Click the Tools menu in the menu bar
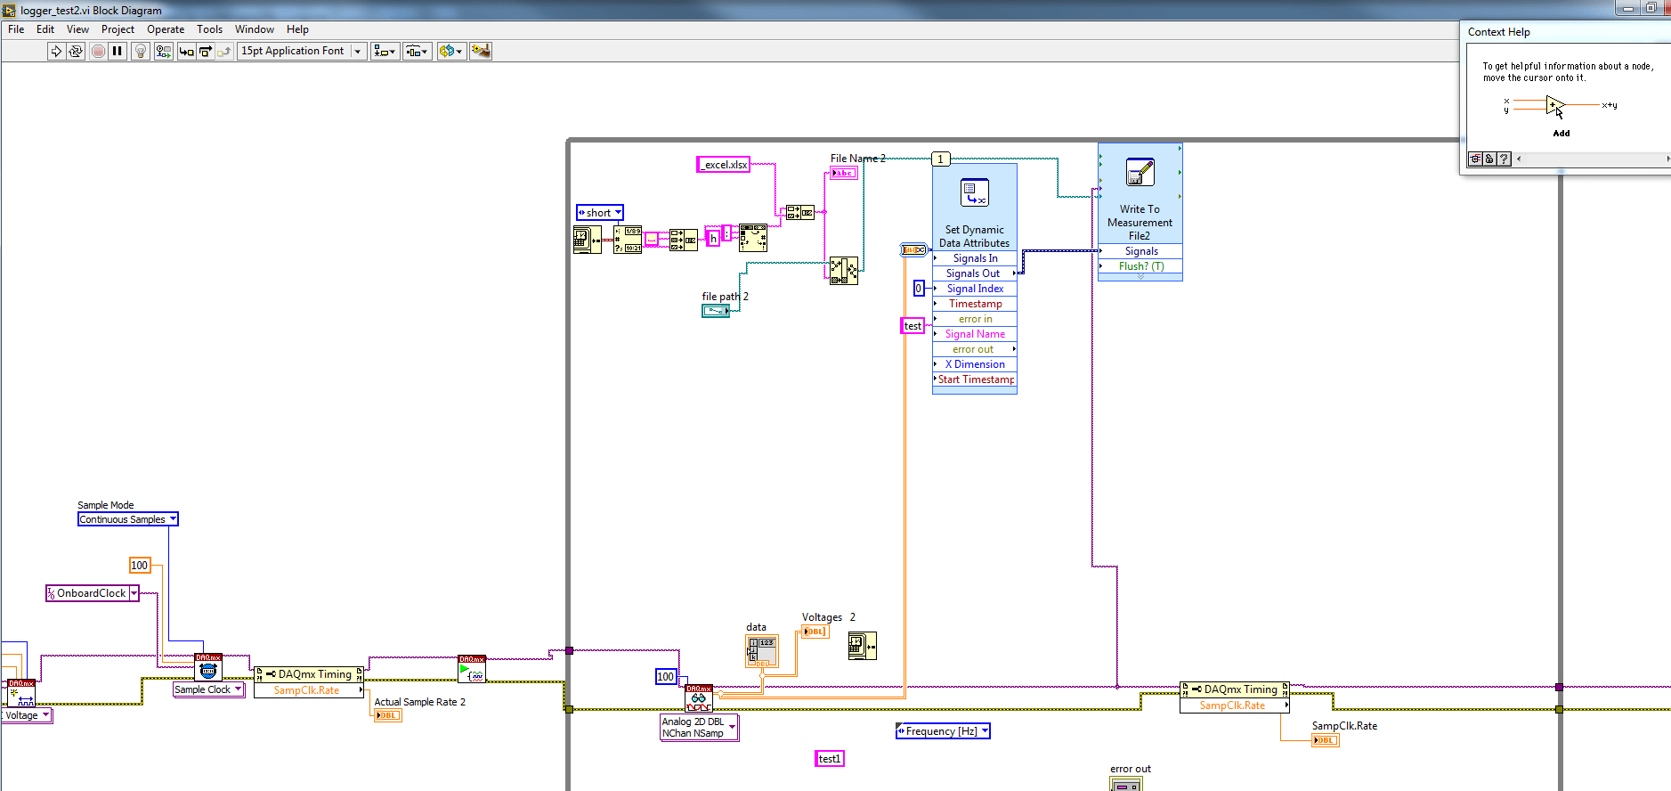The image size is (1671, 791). click(209, 29)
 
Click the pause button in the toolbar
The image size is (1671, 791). click(118, 51)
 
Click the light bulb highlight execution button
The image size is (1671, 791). click(140, 51)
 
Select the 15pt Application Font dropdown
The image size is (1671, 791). click(301, 51)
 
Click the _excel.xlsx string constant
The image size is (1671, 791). click(724, 165)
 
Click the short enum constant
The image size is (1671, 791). click(599, 213)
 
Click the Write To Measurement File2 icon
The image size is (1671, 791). click(1140, 173)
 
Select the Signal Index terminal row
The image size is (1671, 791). click(975, 289)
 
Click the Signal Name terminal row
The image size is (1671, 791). click(975, 334)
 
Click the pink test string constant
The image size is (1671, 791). click(913, 326)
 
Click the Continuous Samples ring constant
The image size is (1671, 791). click(127, 519)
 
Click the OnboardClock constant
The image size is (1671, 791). click(92, 593)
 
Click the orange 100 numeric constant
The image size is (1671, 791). click(140, 565)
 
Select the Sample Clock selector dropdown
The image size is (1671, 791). click(208, 689)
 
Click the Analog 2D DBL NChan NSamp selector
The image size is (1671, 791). click(699, 728)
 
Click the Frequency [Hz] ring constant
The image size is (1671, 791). click(942, 731)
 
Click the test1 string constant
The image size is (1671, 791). click(829, 759)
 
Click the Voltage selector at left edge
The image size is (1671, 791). click(27, 715)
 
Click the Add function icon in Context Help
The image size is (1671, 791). click(1554, 107)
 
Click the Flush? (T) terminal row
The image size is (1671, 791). click(1140, 266)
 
